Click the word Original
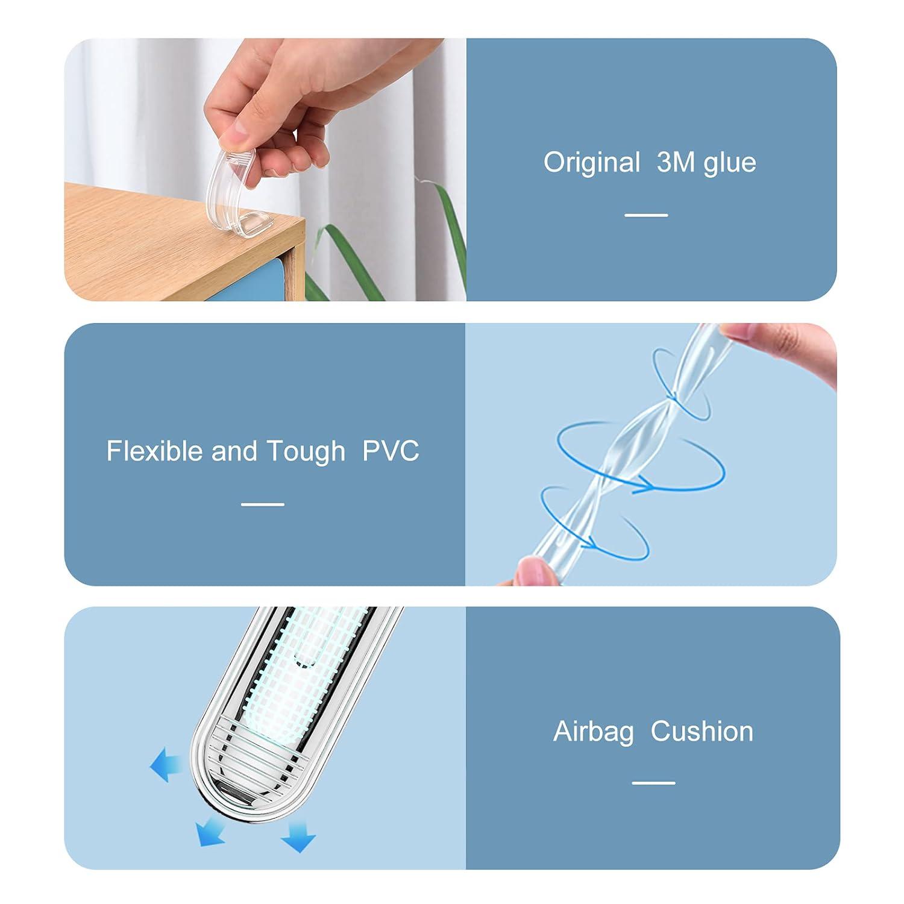591,163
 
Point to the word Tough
306,451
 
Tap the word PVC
391,451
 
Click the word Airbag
594,732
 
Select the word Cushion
702,731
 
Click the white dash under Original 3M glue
646,215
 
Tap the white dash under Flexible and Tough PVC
263,504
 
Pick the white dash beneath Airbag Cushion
654,783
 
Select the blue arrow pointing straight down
298,834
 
